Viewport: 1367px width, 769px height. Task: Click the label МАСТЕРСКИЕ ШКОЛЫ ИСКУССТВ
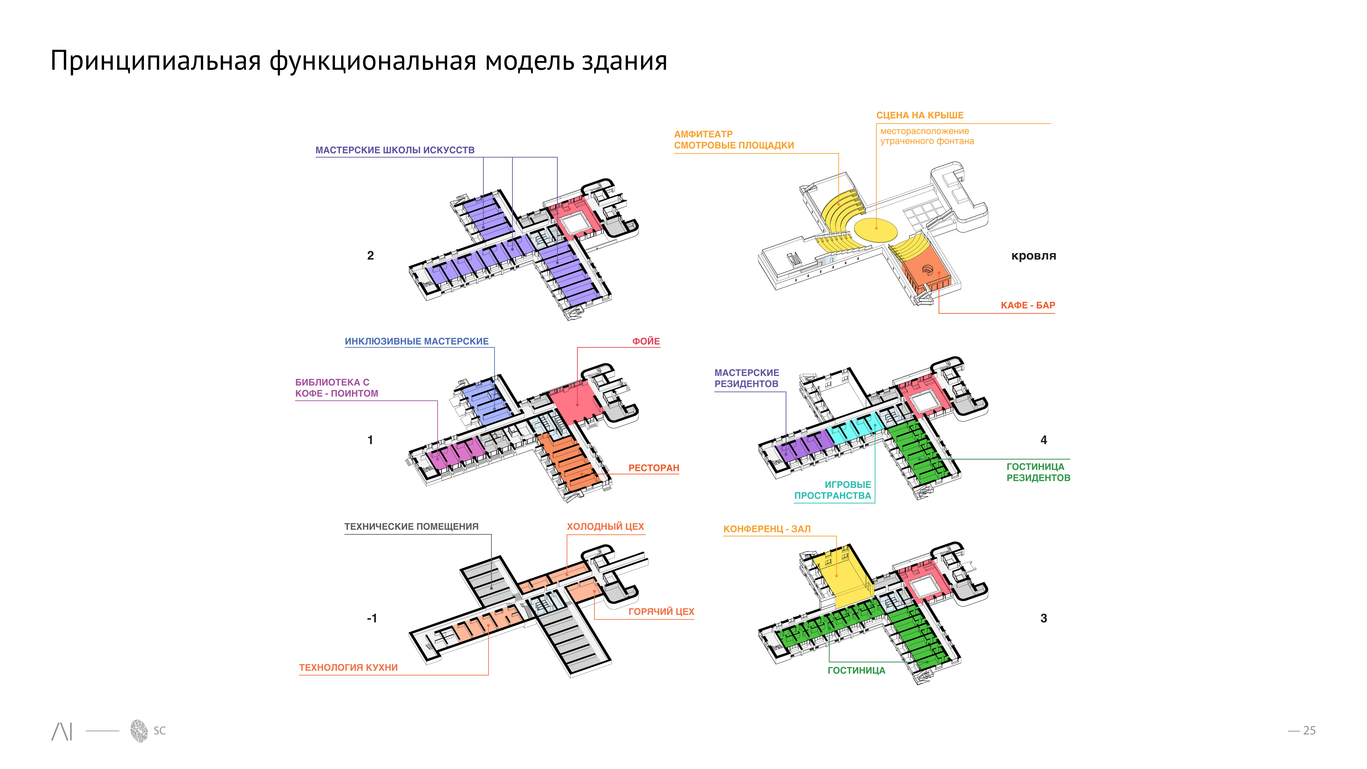(x=395, y=150)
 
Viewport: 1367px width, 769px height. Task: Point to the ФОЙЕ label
(x=646, y=341)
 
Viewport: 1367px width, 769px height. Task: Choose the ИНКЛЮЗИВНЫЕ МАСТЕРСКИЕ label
(x=417, y=341)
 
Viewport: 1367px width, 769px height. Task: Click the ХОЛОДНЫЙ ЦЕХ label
(x=605, y=527)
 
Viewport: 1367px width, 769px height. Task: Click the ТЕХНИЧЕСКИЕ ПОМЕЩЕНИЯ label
(x=411, y=527)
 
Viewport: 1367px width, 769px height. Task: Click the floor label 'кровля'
(x=1033, y=256)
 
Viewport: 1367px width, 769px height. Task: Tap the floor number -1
(x=371, y=618)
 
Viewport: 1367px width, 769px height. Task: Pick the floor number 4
(x=1043, y=440)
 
